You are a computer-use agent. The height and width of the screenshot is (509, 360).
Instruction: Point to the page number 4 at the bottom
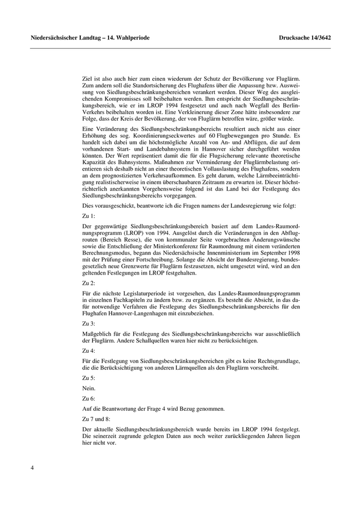tap(32, 468)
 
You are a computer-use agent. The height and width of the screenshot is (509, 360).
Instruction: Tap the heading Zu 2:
tap(89, 282)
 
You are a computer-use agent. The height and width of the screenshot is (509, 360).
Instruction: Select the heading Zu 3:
tap(89, 323)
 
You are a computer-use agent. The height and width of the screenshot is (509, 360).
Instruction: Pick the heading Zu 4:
tap(89, 350)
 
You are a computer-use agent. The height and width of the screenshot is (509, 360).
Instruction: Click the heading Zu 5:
tap(89, 377)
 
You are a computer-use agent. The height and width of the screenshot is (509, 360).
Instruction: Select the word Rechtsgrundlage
tap(275, 361)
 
